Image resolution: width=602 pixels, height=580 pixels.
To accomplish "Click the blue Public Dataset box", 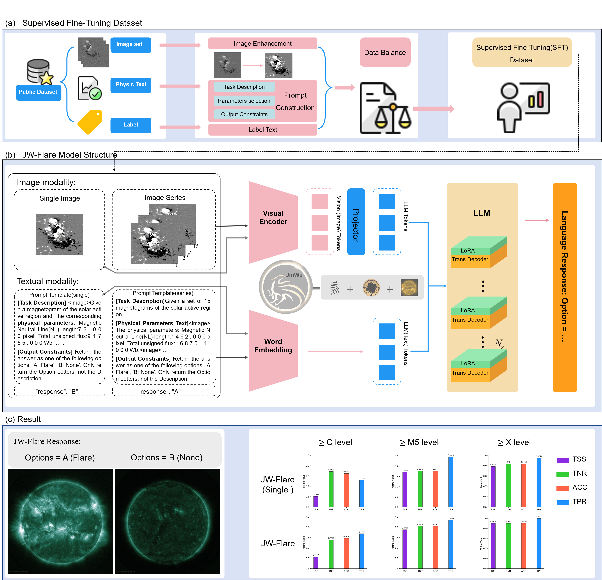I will tap(38, 92).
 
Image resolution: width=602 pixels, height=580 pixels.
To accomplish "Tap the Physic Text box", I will tap(131, 85).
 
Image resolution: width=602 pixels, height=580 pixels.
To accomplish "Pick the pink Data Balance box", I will tap(385, 53).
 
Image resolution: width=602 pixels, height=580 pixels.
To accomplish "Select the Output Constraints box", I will tap(244, 114).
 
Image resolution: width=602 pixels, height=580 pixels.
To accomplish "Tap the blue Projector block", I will tap(356, 222).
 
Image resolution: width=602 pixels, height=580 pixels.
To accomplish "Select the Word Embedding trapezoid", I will tap(273, 350).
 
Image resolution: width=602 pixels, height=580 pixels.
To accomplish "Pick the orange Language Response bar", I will tap(565, 287).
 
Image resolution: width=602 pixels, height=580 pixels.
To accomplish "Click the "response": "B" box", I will tap(60, 391).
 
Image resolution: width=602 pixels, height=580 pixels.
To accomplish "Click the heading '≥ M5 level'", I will tap(419, 442).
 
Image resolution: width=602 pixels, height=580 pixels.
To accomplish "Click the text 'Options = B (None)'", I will tap(166, 458).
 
